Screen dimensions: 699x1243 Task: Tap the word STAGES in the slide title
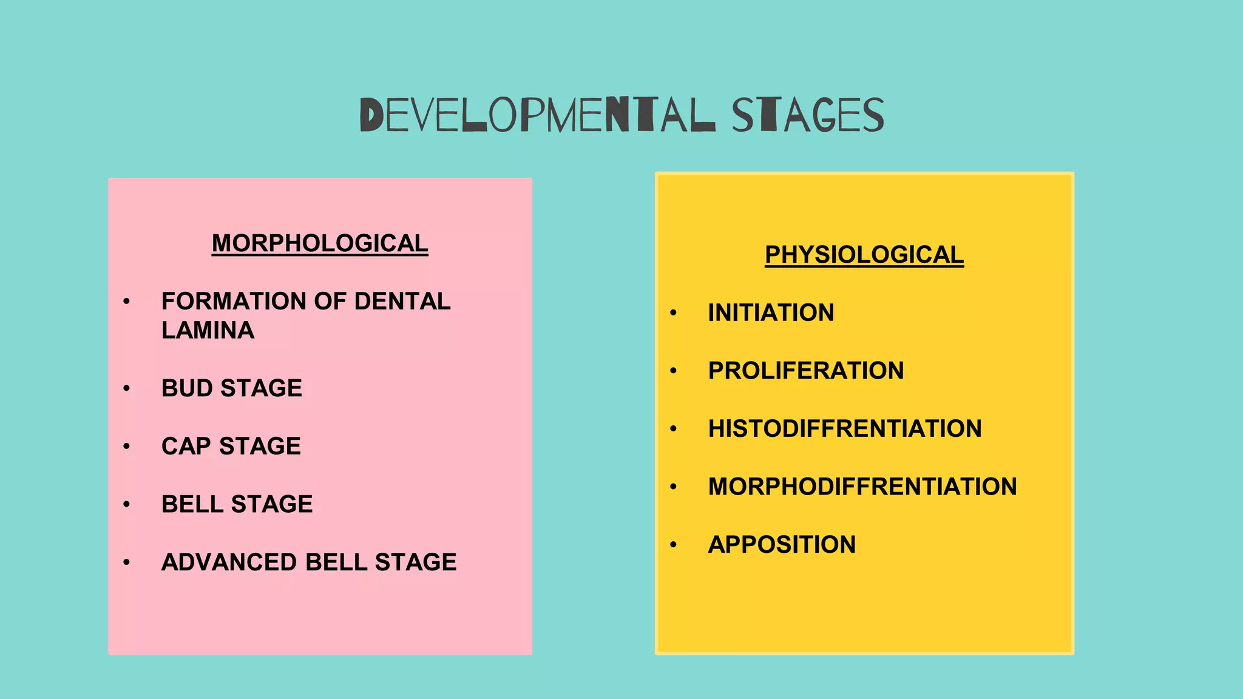coord(808,115)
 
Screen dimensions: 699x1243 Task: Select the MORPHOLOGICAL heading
coord(320,243)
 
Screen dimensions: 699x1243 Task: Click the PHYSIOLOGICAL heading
coord(864,255)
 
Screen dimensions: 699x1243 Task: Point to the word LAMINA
coord(208,331)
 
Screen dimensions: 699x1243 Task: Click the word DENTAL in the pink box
coord(402,302)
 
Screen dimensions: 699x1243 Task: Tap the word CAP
coord(186,447)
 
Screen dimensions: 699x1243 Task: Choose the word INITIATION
coord(771,313)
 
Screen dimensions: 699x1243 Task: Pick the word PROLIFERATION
coord(805,371)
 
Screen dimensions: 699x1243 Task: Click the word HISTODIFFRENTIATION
coord(844,429)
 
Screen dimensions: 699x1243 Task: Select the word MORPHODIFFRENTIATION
coord(862,487)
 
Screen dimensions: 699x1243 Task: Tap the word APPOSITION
coord(782,545)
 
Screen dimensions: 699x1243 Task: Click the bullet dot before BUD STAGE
coord(126,388)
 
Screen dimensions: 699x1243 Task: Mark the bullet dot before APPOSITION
coord(673,545)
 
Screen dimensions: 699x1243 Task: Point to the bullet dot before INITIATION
coord(673,313)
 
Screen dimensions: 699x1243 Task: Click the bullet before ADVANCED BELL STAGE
coord(126,562)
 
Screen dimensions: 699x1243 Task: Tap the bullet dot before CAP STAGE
coord(126,447)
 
